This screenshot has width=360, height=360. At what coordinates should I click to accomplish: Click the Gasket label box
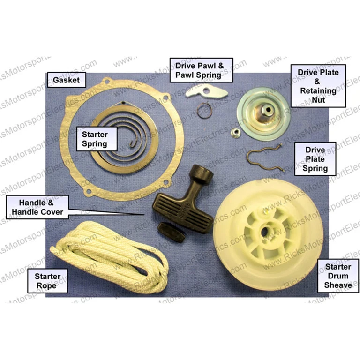point(66,80)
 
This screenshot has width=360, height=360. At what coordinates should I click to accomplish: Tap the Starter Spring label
point(95,139)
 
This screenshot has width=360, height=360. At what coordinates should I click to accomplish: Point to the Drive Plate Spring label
point(315,159)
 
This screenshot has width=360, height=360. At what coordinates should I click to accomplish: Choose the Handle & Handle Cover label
point(37,208)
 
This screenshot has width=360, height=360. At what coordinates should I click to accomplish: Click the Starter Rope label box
point(47,281)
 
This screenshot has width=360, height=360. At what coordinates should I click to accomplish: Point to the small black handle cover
point(172,231)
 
